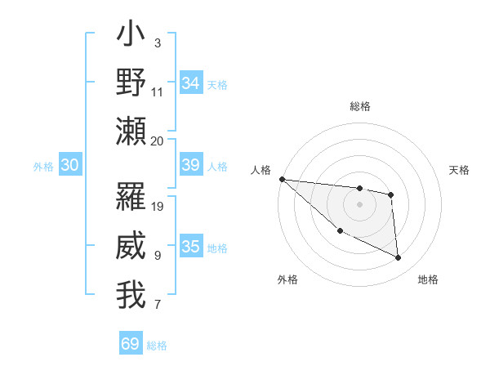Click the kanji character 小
tap(131, 36)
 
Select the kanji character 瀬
tap(131, 131)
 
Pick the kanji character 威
tap(131, 246)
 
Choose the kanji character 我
tap(131, 295)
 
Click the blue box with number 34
tap(191, 83)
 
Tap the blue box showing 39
tap(191, 165)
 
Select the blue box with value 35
tap(191, 247)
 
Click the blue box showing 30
tap(69, 165)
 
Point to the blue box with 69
tap(131, 344)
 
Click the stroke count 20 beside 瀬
tap(158, 141)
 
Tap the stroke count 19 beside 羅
tap(158, 206)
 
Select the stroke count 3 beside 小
tap(157, 42)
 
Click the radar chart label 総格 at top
tap(359, 106)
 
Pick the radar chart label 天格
tap(460, 170)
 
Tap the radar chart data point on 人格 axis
tap(282, 179)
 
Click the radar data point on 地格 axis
tap(399, 258)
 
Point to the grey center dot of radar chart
tap(359, 204)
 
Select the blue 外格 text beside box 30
tap(43, 167)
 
